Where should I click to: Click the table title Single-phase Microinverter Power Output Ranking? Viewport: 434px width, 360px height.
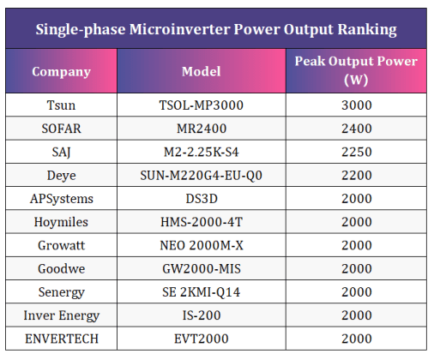pos(216,29)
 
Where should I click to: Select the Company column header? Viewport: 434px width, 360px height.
pos(61,71)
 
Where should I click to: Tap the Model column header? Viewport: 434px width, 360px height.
pos(202,71)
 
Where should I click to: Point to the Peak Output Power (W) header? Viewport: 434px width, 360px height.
pos(356,70)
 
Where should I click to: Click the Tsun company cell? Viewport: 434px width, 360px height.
pos(61,105)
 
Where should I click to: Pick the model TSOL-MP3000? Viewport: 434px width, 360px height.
pos(202,105)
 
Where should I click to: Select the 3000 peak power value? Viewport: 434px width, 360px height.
pos(356,105)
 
